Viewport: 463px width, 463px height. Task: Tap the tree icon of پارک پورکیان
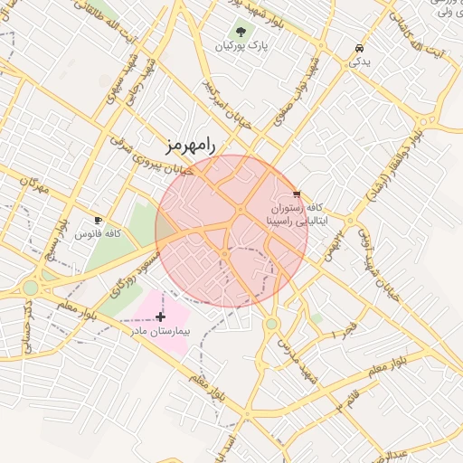point(241,32)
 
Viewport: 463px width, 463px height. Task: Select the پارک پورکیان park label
point(246,45)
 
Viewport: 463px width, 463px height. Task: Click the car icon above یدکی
point(360,48)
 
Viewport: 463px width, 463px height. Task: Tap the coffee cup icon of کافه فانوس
point(98,220)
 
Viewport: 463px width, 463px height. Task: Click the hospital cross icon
point(161,317)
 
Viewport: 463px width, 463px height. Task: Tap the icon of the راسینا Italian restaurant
point(297,194)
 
